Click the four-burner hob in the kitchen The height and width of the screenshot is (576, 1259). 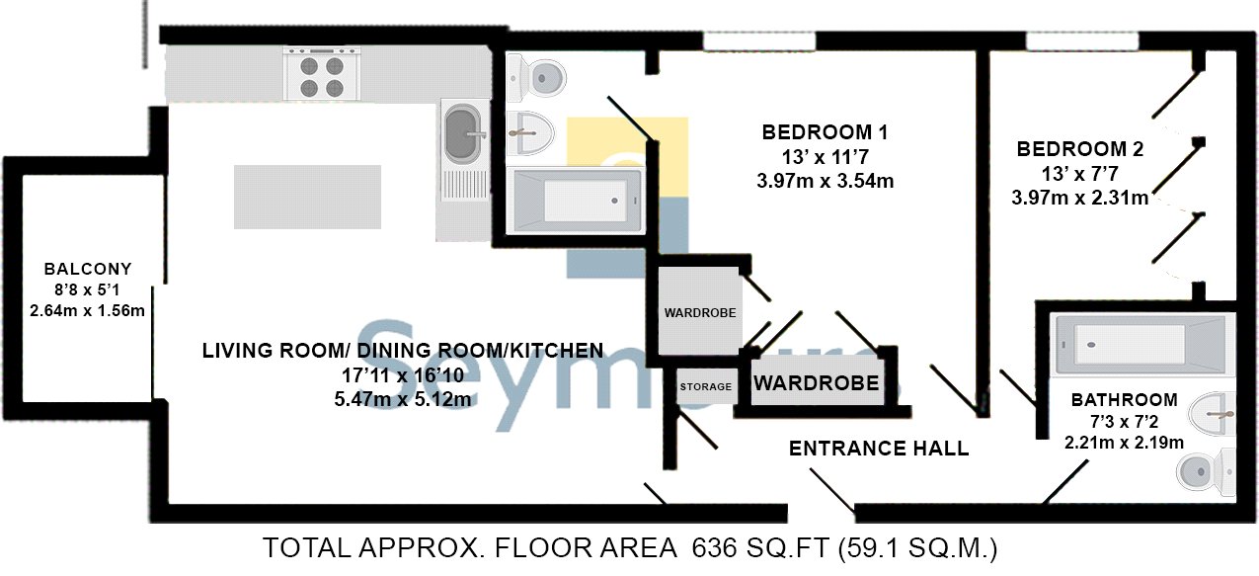coord(322,74)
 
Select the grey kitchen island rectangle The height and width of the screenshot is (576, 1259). coord(307,197)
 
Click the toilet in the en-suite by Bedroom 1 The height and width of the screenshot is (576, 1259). coord(536,78)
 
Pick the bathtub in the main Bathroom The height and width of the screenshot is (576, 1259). coord(1141,345)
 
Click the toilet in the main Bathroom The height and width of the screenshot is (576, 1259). coord(1207,472)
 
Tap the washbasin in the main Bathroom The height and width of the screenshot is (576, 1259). coord(1212,415)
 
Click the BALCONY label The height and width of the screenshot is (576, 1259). coord(88,269)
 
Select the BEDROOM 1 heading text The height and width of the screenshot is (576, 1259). coord(825,132)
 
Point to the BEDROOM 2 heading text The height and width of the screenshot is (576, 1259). coord(1079,149)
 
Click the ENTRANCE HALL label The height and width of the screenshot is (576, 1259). coord(879,449)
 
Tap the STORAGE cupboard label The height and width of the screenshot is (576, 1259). coord(706,387)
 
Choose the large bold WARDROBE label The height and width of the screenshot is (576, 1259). coord(816,383)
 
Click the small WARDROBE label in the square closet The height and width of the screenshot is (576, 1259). coord(700,313)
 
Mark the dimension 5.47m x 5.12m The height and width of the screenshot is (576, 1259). coord(403,399)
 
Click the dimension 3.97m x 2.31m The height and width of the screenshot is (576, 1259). coord(1079,198)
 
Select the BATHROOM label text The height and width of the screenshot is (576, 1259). coord(1124,400)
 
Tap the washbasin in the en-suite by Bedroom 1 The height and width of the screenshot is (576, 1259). coord(530,133)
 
